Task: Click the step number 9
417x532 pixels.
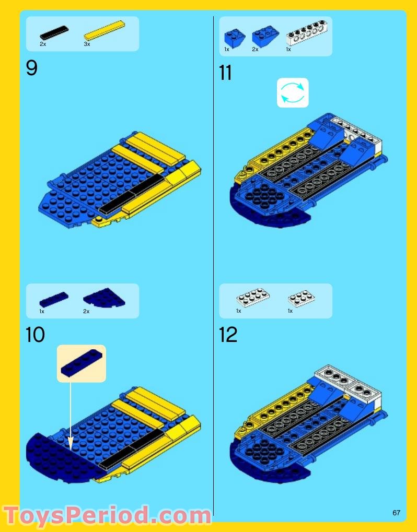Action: click(x=32, y=68)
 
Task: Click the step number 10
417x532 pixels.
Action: click(x=35, y=335)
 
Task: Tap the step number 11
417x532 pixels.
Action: click(x=225, y=73)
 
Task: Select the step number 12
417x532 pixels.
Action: click(x=228, y=335)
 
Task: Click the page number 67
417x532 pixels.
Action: click(x=396, y=513)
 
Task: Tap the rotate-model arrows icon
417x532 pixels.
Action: click(x=293, y=93)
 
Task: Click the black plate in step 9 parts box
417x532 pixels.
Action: click(x=54, y=33)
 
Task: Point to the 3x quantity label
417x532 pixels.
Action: click(x=87, y=44)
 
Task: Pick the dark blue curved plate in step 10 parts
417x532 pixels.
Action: click(x=104, y=297)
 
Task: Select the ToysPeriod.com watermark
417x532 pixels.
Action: click(x=107, y=515)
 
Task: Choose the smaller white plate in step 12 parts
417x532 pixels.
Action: click(x=302, y=298)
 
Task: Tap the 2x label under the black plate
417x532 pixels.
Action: click(x=42, y=44)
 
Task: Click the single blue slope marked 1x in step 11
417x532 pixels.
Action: click(x=235, y=37)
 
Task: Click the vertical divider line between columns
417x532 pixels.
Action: click(x=214, y=261)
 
